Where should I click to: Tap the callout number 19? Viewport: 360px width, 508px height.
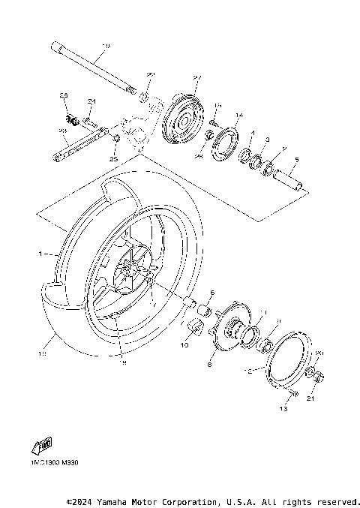104,46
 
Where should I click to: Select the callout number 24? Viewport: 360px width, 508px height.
91,101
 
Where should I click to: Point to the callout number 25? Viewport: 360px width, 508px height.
114,158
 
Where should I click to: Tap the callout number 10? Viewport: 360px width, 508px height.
183,346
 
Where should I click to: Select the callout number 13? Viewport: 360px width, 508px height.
283,409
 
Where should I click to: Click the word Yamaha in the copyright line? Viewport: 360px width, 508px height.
112,500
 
